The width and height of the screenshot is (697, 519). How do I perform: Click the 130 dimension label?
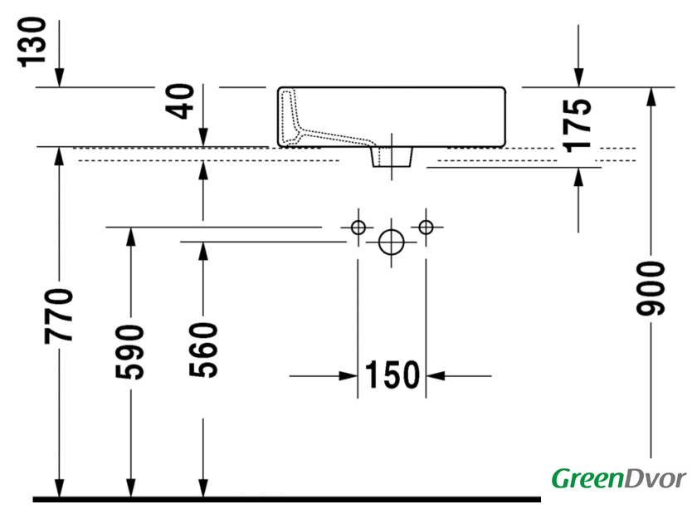click(32, 42)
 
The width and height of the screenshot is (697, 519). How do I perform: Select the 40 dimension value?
click(180, 101)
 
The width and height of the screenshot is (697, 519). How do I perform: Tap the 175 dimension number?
click(577, 125)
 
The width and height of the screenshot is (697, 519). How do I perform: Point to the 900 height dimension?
click(651, 289)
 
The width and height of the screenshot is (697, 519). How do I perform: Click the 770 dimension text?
click(59, 316)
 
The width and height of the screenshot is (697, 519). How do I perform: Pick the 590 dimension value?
click(129, 352)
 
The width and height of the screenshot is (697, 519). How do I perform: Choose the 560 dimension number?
click(203, 350)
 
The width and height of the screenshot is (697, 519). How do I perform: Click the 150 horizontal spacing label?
click(392, 375)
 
